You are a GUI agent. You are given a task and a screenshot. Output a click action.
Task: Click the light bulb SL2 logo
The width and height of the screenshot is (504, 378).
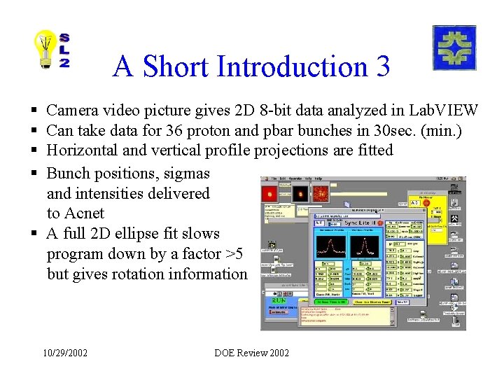[x=52, y=50]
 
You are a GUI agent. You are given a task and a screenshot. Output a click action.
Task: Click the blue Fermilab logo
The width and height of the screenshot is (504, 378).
[x=454, y=48]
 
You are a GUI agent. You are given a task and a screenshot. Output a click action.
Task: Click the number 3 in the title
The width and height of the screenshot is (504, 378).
[x=382, y=66]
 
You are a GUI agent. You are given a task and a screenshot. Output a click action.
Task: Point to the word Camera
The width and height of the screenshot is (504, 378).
[x=72, y=110]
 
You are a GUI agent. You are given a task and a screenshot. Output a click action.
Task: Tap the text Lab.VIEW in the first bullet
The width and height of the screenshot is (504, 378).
[x=444, y=110]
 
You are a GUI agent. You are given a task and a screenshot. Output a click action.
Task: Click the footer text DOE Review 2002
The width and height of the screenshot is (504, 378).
[x=251, y=353]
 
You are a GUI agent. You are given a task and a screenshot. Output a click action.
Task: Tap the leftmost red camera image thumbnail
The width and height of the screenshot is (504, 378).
[x=269, y=193]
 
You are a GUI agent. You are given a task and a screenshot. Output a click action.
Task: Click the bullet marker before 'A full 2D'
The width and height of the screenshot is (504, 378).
[x=34, y=234]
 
